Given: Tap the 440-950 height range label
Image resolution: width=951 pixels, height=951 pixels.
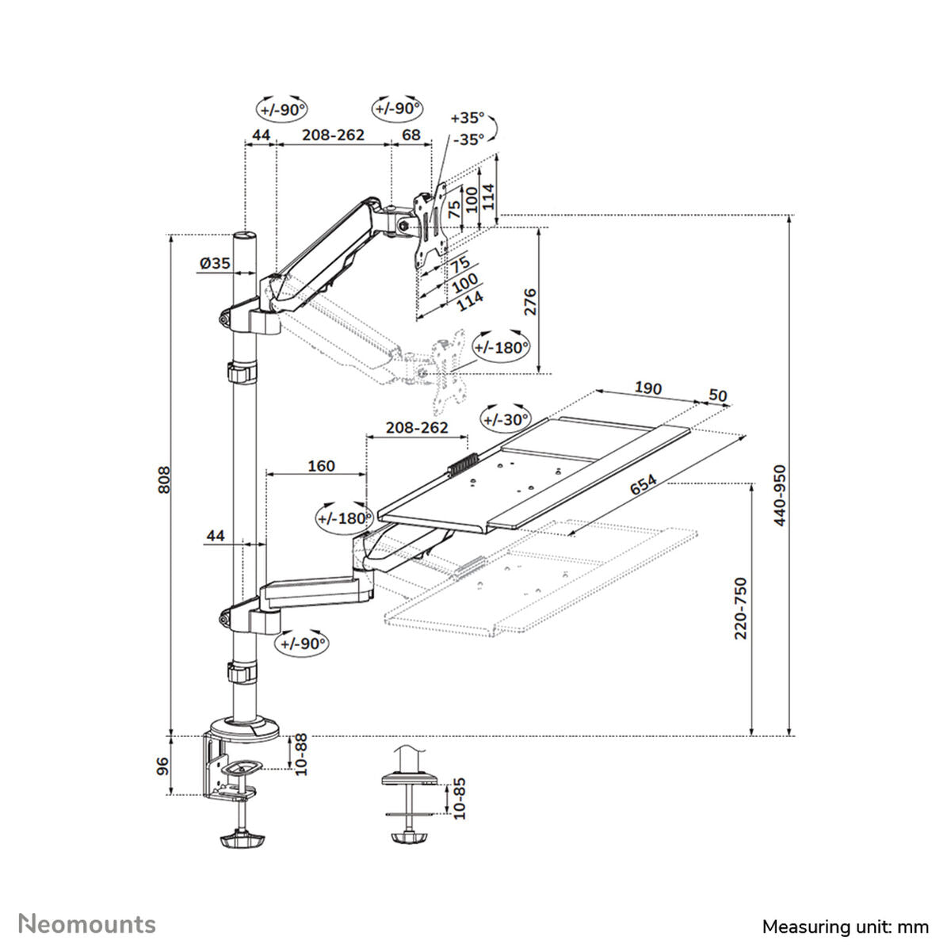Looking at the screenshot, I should (780, 495).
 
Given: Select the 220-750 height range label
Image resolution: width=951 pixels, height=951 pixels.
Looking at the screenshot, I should (740, 608).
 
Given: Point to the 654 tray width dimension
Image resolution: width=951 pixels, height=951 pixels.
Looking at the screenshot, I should (643, 485).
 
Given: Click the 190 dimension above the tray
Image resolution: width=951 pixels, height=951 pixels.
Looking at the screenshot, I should (647, 388).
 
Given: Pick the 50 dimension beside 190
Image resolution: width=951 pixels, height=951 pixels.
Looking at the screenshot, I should (717, 395).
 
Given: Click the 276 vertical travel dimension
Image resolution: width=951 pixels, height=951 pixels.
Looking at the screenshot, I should (530, 302).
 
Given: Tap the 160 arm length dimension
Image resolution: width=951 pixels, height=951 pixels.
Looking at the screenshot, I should (321, 466).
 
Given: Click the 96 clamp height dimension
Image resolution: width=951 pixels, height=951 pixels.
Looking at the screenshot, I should (162, 766).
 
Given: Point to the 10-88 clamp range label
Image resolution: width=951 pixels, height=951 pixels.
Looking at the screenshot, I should (300, 754).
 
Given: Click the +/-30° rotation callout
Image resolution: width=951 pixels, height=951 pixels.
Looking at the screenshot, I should (505, 419).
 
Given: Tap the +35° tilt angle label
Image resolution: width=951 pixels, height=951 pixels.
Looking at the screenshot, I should (466, 117).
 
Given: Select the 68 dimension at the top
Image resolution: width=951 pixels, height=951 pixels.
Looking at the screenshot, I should (411, 135).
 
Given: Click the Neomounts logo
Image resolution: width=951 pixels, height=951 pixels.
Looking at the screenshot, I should (88, 924).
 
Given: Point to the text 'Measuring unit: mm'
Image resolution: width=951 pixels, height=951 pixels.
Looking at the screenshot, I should (845, 926).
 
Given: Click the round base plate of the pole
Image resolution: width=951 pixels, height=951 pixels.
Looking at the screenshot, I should (246, 727).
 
